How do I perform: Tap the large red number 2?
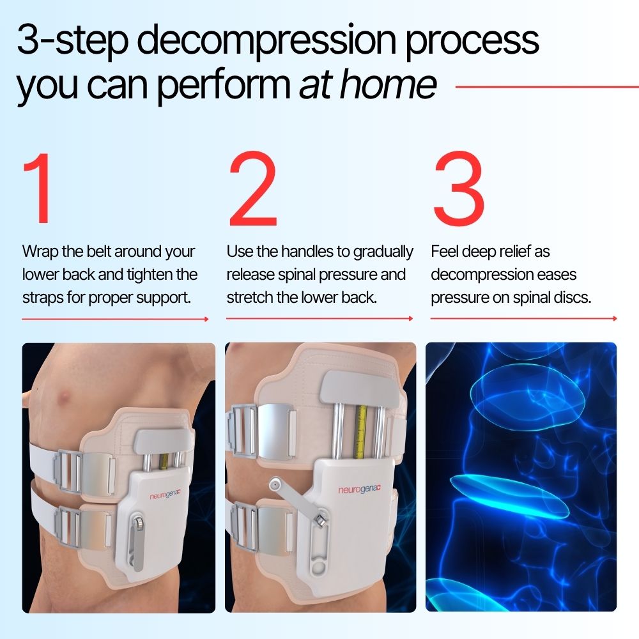253,189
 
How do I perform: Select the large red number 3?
458,189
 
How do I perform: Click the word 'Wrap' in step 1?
40,251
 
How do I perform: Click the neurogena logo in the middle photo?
363,490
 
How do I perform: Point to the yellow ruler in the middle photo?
360,431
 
